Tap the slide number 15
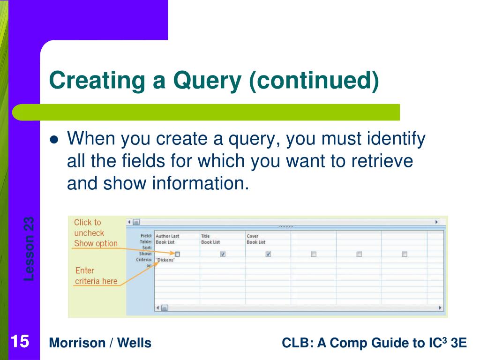click(20, 342)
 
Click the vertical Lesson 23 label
click(29, 248)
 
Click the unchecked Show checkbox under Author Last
click(177, 254)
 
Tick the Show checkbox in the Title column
click(223, 254)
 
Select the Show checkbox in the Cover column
click(268, 254)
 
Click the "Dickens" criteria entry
click(165, 260)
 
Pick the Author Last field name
click(167, 236)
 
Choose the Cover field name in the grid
click(252, 236)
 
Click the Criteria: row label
click(144, 259)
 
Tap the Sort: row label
click(146, 247)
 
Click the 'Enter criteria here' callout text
click(96, 276)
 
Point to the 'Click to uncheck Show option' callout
click(96, 233)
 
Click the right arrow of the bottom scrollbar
click(440, 308)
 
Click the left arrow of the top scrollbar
click(129, 222)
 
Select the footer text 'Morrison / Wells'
click(100, 343)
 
